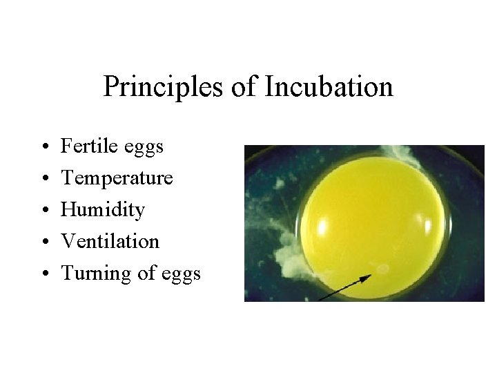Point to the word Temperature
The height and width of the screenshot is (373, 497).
point(117,178)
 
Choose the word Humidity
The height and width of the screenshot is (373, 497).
point(103,210)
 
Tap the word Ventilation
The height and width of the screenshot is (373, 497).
point(110,241)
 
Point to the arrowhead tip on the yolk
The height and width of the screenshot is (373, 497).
point(370,276)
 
